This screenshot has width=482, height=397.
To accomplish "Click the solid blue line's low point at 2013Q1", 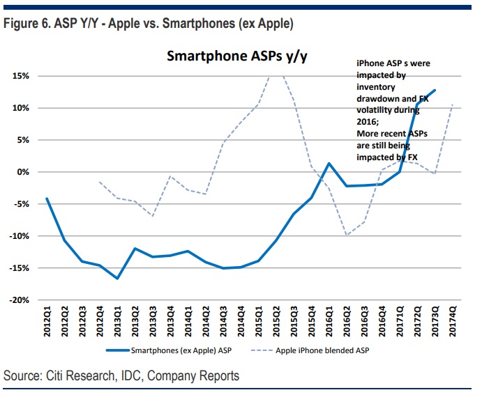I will click(117, 279).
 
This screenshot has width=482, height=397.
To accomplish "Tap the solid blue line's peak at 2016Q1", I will click(329, 164).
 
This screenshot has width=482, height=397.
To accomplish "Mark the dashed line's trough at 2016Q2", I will click(347, 235).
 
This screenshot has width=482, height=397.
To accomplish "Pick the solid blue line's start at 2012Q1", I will click(47, 198).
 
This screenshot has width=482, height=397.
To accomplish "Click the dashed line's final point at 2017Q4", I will click(452, 104).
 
